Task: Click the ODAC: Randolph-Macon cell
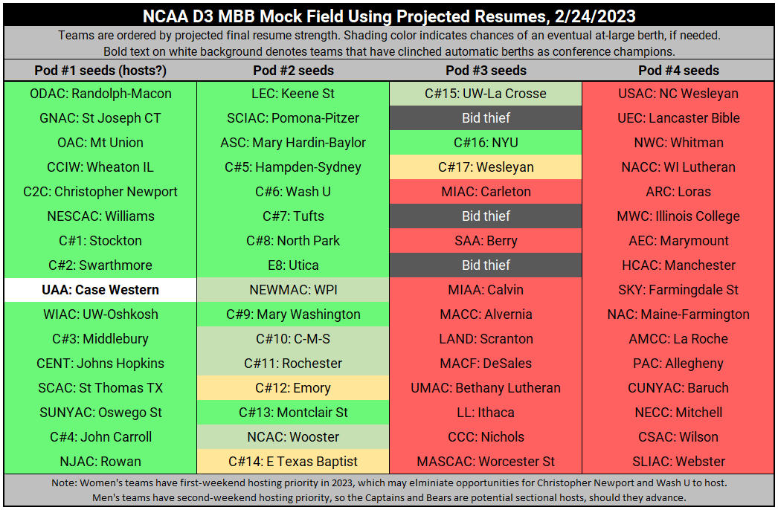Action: [x=100, y=94]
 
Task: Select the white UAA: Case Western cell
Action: [x=100, y=290]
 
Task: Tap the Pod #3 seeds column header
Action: [x=486, y=71]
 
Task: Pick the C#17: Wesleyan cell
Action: [x=486, y=167]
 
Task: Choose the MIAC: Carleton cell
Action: [x=486, y=192]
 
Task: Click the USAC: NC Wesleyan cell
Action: [x=678, y=94]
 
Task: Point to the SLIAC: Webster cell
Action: [x=678, y=462]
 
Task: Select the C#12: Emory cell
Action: [x=293, y=388]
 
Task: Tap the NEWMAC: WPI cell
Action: [x=293, y=290]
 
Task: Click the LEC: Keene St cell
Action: [x=293, y=94]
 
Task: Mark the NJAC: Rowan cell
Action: [x=100, y=462]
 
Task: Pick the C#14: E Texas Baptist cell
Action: [x=293, y=462]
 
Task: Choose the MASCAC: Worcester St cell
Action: [x=486, y=462]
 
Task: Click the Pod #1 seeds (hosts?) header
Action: [x=100, y=71]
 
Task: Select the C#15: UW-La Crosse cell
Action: [x=486, y=94]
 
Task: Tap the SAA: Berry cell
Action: [x=486, y=241]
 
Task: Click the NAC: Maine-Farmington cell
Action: [x=678, y=314]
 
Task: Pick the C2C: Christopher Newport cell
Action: [x=100, y=192]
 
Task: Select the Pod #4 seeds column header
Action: [x=678, y=71]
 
